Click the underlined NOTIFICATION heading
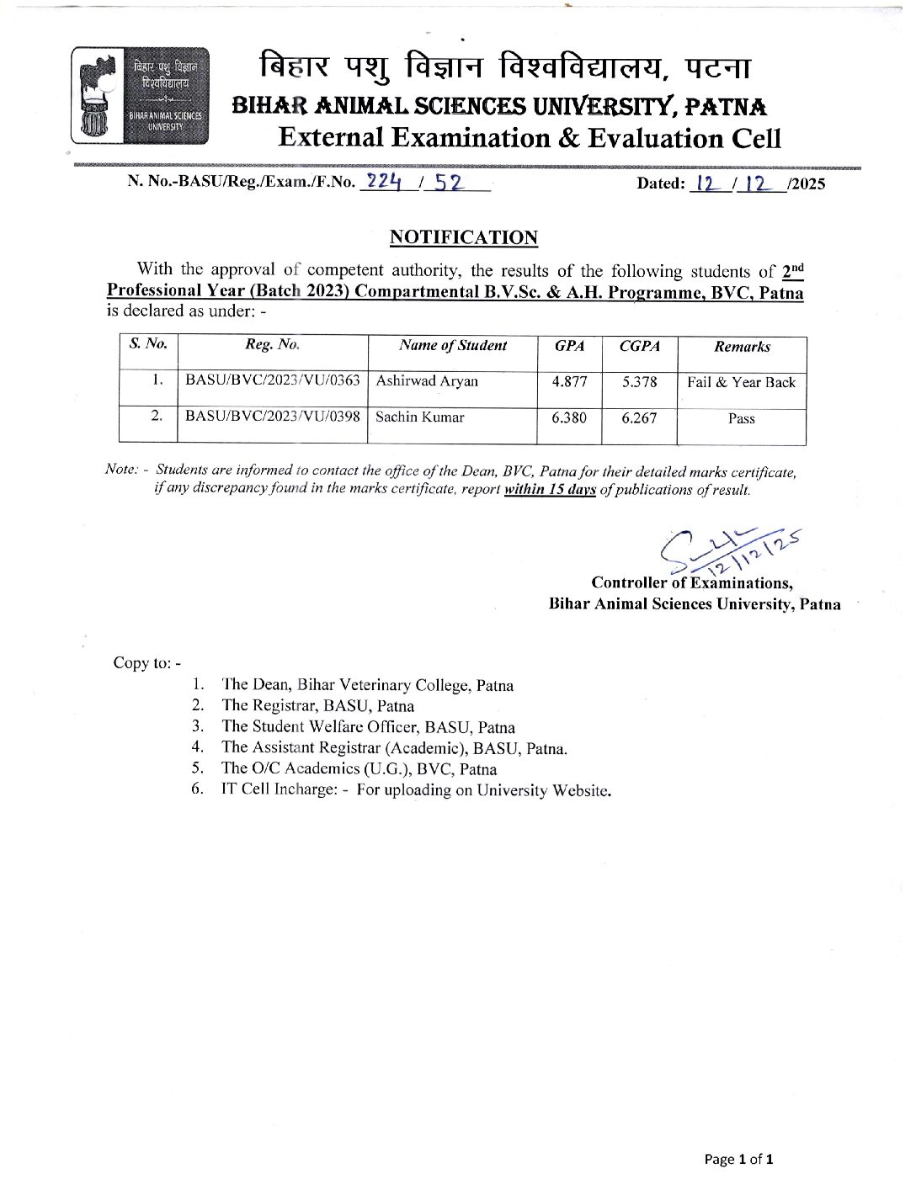[x=463, y=237]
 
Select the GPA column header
[x=569, y=346]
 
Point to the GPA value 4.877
[x=569, y=381]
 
